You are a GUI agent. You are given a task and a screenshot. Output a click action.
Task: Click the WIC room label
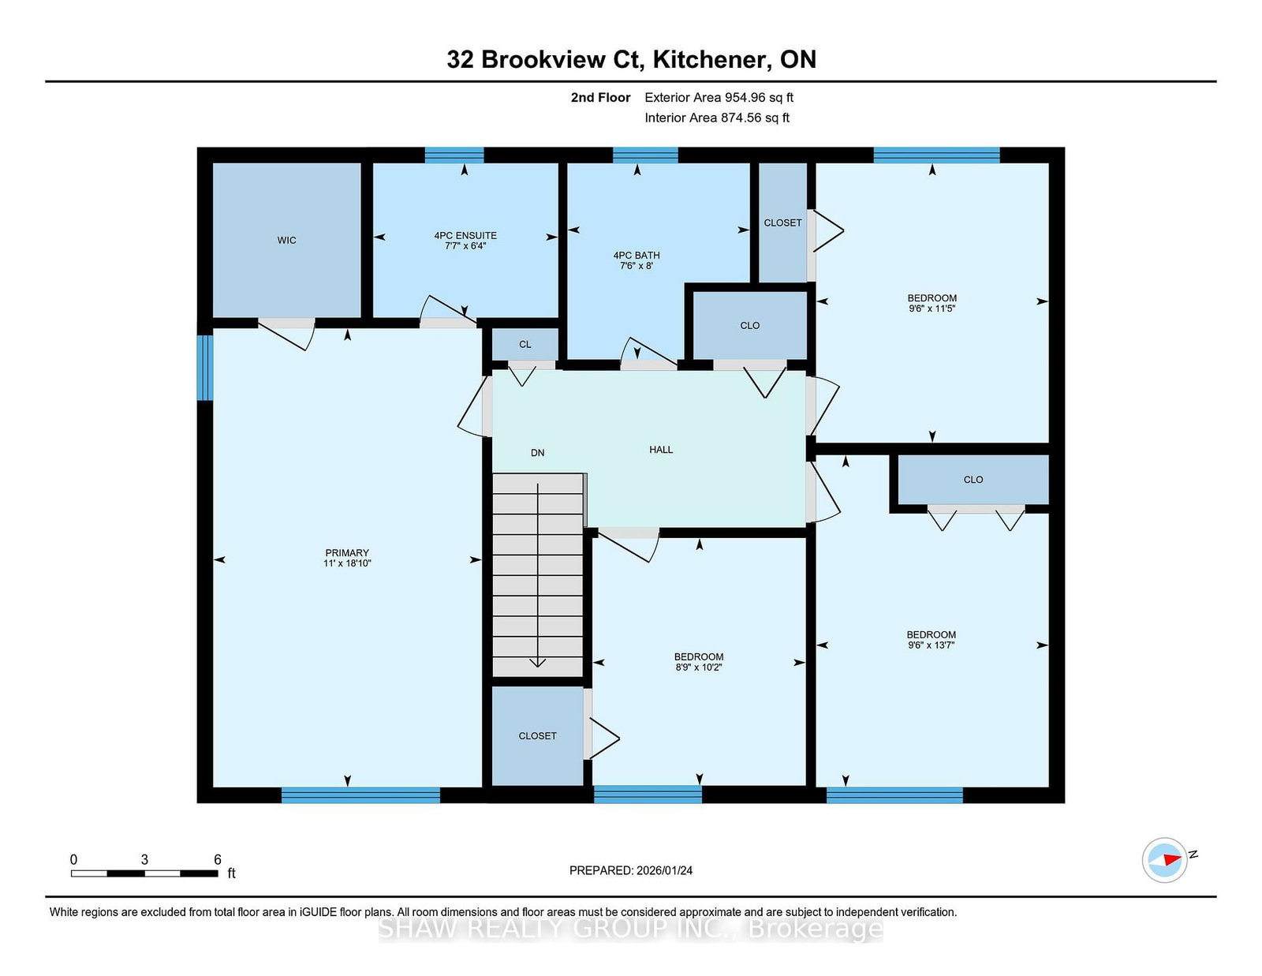pyautogui.click(x=286, y=240)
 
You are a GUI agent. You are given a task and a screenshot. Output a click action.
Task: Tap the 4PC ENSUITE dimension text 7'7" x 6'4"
pyautogui.click(x=465, y=245)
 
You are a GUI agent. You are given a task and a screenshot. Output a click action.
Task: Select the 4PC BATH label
pyautogui.click(x=637, y=255)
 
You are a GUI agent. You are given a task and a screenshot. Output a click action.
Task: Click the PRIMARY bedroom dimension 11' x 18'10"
pyautogui.click(x=347, y=563)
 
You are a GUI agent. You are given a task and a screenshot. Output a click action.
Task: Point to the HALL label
pyautogui.click(x=661, y=450)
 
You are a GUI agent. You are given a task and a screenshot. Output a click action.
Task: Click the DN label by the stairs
pyautogui.click(x=538, y=453)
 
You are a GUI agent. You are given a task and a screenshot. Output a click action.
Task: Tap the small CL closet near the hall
pyautogui.click(x=525, y=345)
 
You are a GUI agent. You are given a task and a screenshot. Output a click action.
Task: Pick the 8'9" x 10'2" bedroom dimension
pyautogui.click(x=699, y=667)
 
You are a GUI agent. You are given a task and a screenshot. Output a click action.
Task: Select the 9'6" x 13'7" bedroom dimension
pyautogui.click(x=932, y=645)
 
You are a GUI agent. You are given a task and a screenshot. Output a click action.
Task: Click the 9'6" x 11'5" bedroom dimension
pyautogui.click(x=932, y=309)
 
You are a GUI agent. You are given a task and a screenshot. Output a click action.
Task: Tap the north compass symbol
pyautogui.click(x=1164, y=860)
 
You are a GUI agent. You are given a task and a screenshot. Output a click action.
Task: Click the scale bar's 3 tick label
pyautogui.click(x=144, y=859)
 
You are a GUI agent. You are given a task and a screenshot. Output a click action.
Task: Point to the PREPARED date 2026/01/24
pyautogui.click(x=664, y=870)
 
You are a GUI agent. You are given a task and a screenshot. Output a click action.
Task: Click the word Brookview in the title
pyautogui.click(x=543, y=59)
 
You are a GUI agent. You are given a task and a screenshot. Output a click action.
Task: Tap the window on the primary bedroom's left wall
pyautogui.click(x=205, y=368)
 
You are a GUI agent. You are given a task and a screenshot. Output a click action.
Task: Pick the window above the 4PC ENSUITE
pyautogui.click(x=454, y=155)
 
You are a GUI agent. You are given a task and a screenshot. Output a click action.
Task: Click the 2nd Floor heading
pyautogui.click(x=600, y=98)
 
